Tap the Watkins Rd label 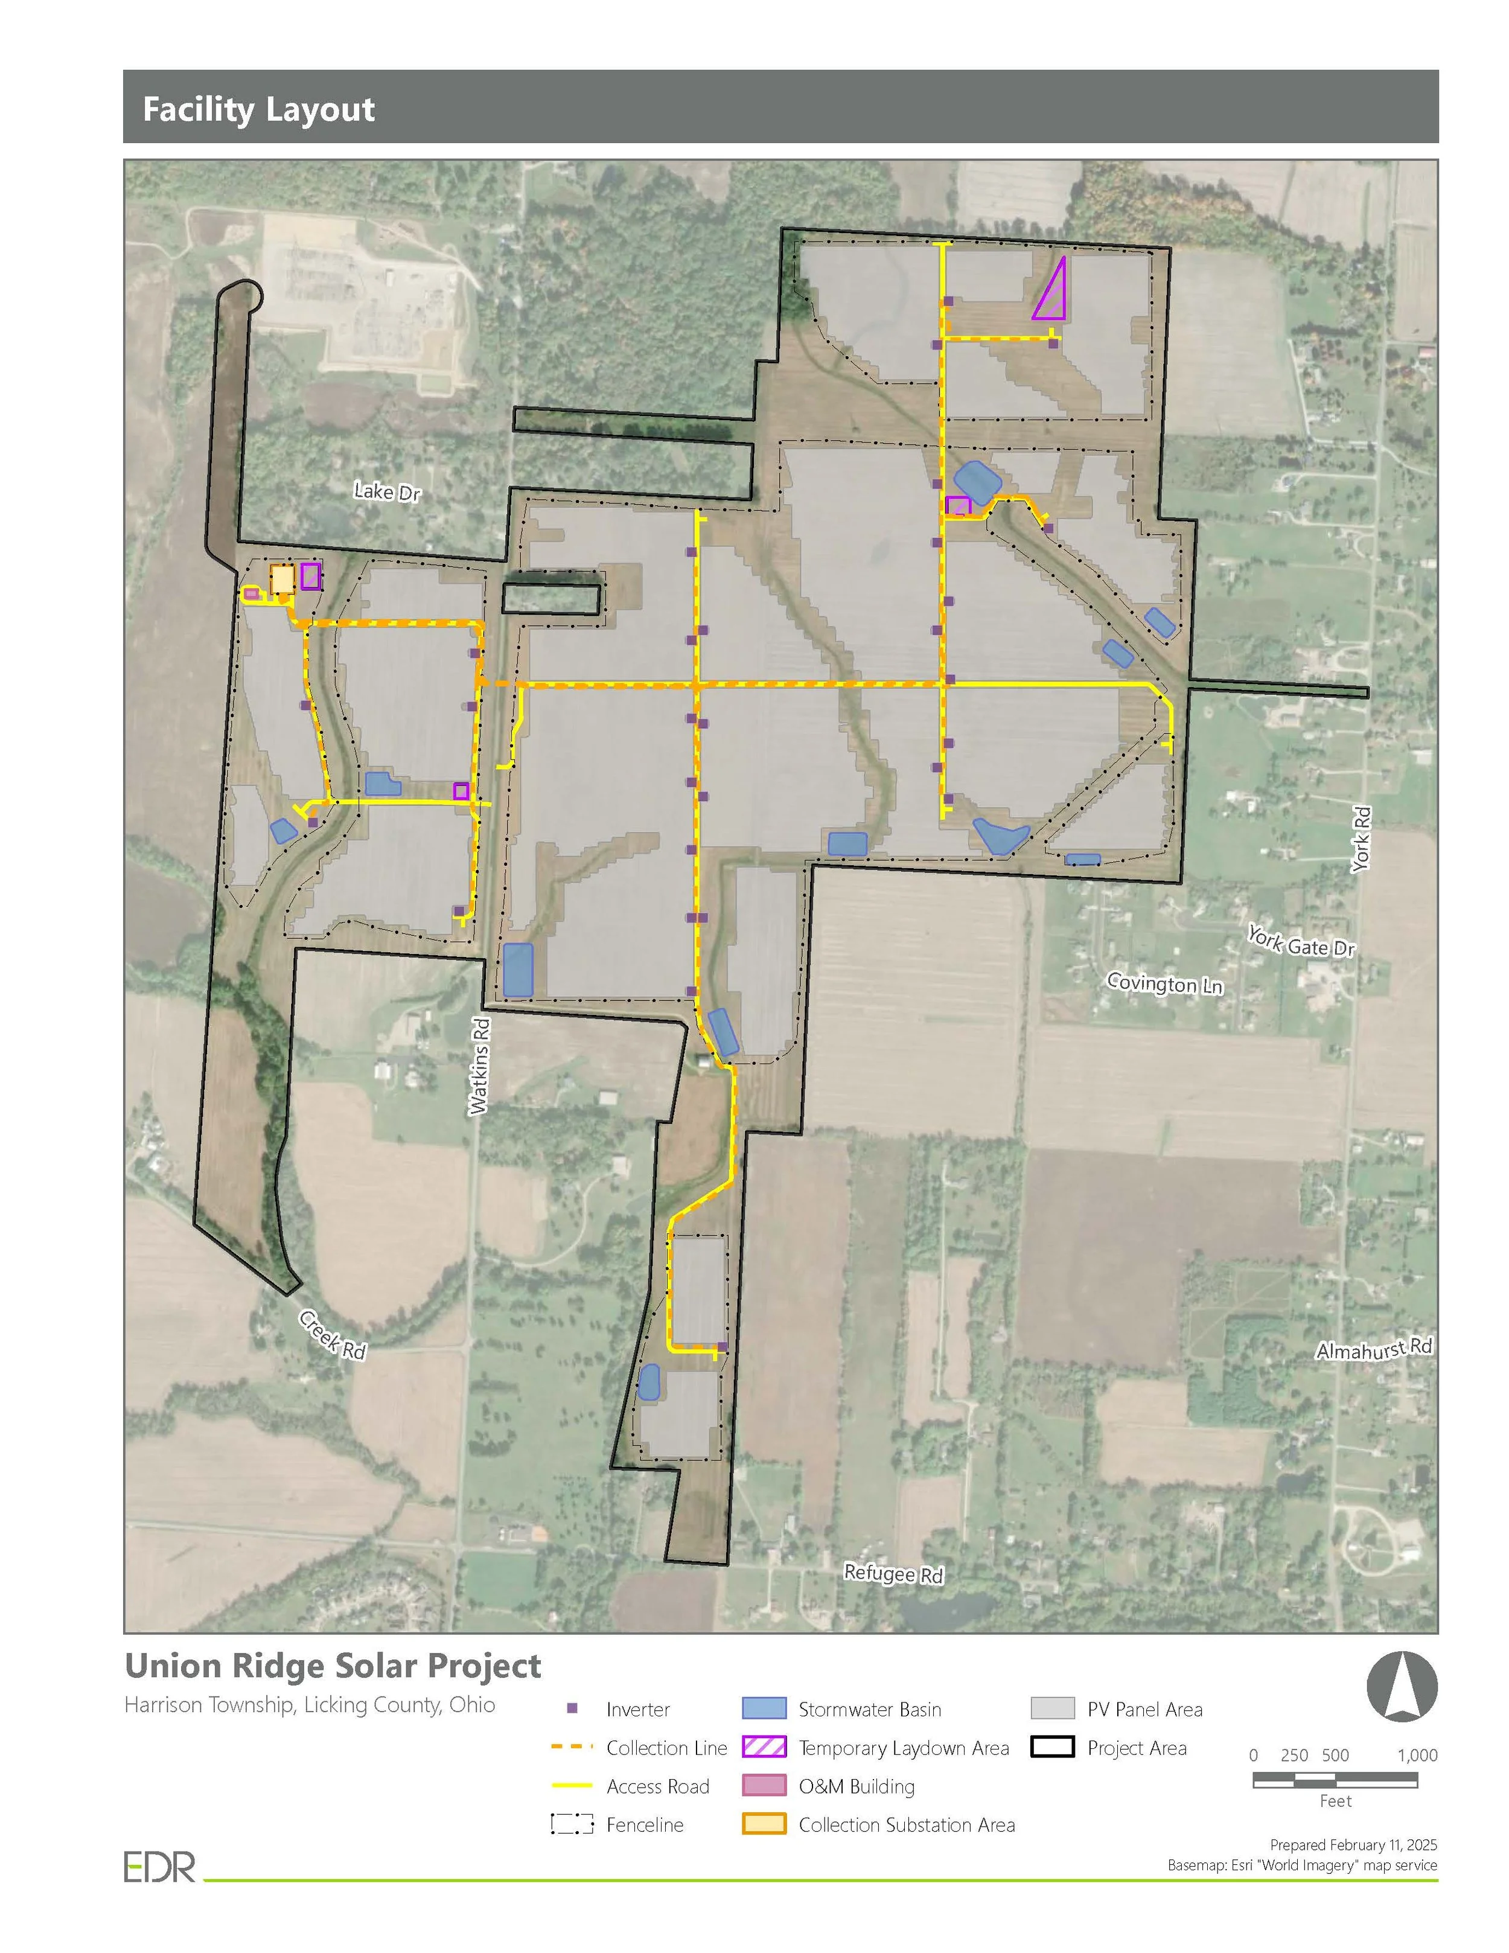pyautogui.click(x=480, y=1066)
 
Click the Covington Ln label pyautogui.click(x=1164, y=983)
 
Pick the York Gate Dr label pyautogui.click(x=1301, y=942)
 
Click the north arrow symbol pyautogui.click(x=1402, y=1687)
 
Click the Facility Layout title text pyautogui.click(x=258, y=109)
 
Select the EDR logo pyautogui.click(x=159, y=1867)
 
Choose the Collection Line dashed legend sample pyautogui.click(x=572, y=1747)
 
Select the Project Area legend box pyautogui.click(x=1051, y=1747)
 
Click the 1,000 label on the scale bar pyautogui.click(x=1417, y=1756)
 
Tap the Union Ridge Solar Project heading pyautogui.click(x=333, y=1666)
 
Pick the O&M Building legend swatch pyautogui.click(x=764, y=1786)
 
